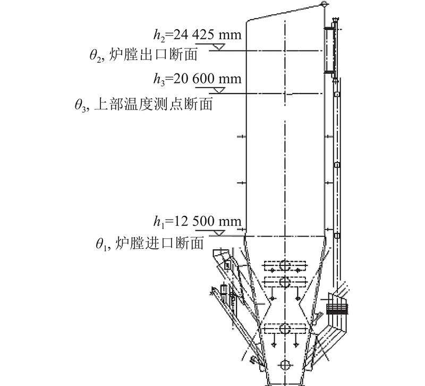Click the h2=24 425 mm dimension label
197,35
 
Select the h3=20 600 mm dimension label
197,79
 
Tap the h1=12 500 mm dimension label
197,222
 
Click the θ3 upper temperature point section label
143,104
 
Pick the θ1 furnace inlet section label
150,244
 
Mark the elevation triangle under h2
218,47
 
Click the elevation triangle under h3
219,90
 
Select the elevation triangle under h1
219,233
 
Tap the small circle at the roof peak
324,4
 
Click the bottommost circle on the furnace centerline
285,365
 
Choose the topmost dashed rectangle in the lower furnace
285,266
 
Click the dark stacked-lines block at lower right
337,309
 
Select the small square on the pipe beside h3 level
337,94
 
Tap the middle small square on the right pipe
337,165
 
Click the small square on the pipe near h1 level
337,236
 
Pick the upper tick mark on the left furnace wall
242,137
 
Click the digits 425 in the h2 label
203,35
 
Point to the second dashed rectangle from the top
285,282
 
